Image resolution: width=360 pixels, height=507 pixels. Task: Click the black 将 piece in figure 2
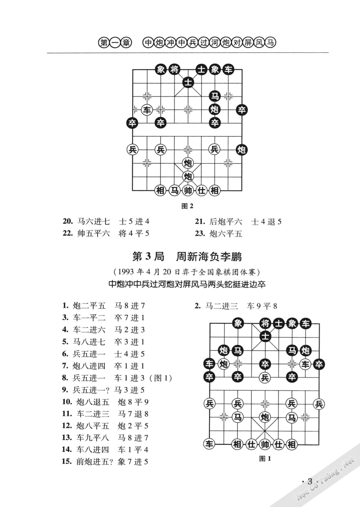click(x=174, y=69)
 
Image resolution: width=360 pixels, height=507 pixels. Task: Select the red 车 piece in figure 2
click(x=147, y=110)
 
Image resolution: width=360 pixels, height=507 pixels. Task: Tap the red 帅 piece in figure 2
click(x=188, y=190)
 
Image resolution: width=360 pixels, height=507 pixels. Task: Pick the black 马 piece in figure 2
click(x=215, y=96)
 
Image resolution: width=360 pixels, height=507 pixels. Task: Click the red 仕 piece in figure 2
click(x=201, y=190)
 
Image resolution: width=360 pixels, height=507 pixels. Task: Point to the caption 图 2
click(x=187, y=206)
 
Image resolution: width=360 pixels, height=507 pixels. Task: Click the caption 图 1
click(x=265, y=458)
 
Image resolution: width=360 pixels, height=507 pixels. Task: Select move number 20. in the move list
click(x=68, y=221)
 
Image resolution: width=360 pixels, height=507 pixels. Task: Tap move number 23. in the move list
click(x=200, y=233)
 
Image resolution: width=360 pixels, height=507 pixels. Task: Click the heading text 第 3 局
click(x=148, y=257)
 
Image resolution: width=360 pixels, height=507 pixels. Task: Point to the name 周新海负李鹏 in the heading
click(x=209, y=257)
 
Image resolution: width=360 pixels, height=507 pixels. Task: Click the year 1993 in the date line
click(x=126, y=272)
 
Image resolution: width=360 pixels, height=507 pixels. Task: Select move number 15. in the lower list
click(x=67, y=461)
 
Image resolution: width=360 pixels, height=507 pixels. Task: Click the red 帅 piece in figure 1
click(x=265, y=444)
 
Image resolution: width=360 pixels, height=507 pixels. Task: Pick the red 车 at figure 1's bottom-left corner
click(x=209, y=444)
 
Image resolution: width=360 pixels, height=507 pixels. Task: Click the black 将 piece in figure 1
click(x=265, y=323)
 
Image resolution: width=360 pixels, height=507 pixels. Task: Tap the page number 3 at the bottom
click(x=310, y=481)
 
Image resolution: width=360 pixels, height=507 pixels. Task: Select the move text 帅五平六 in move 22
click(x=93, y=233)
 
